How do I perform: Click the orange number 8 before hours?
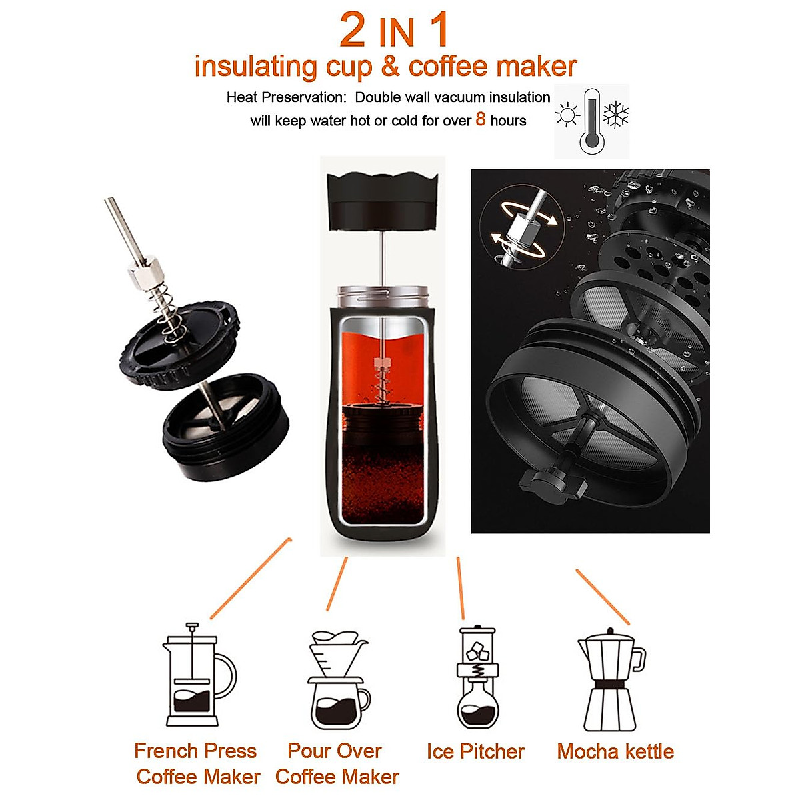[481, 120]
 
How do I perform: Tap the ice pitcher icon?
[477, 677]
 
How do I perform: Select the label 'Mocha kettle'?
[615, 751]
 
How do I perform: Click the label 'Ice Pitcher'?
[475, 751]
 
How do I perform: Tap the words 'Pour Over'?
[335, 751]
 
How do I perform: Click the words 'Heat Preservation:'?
[286, 97]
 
